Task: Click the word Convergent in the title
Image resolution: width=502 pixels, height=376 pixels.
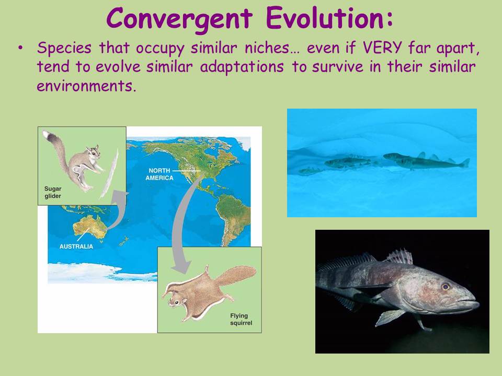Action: (179, 19)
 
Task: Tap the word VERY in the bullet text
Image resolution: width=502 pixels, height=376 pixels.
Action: (382, 48)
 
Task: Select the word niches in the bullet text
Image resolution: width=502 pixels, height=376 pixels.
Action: (267, 48)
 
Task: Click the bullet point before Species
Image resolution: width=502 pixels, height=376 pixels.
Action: (20, 48)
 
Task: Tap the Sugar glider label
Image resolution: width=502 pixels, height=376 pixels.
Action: (53, 193)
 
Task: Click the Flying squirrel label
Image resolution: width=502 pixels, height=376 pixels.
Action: (241, 320)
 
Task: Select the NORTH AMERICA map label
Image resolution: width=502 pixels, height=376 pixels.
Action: (159, 174)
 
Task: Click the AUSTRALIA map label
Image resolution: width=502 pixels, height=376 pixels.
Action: (76, 246)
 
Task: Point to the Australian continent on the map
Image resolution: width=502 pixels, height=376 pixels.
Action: (89, 226)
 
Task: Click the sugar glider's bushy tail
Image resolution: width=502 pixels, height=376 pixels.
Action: (58, 150)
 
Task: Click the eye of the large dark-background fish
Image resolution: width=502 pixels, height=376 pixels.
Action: (446, 287)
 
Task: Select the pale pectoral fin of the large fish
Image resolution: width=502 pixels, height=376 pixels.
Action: (390, 317)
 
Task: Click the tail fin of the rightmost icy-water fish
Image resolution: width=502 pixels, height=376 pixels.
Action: (464, 163)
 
